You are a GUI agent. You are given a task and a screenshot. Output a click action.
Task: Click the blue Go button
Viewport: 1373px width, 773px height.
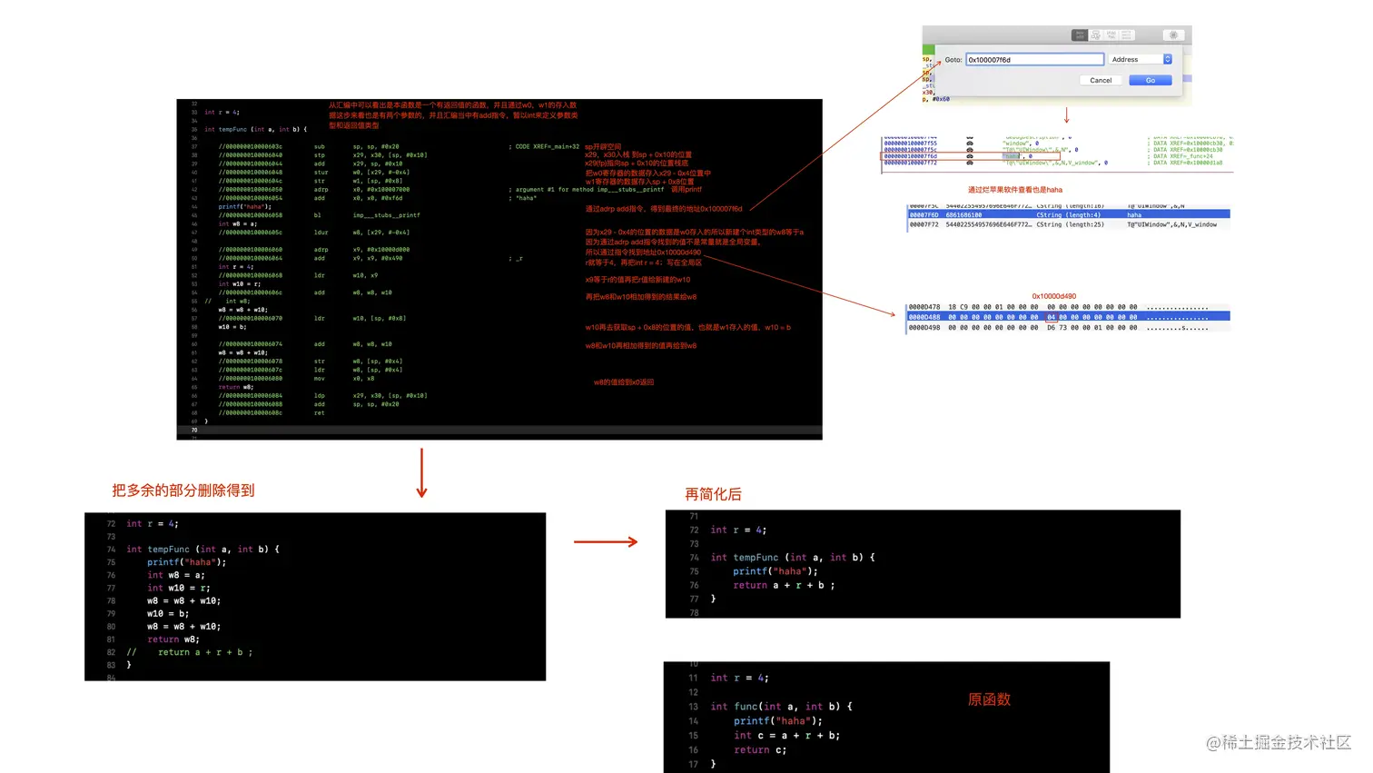(1150, 81)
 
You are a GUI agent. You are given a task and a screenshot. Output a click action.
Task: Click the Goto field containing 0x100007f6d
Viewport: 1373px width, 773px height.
(1034, 60)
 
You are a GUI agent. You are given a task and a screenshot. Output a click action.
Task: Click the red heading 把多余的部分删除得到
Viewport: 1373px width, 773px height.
(183, 491)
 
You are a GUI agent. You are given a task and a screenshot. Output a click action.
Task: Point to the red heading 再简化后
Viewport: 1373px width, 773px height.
(713, 494)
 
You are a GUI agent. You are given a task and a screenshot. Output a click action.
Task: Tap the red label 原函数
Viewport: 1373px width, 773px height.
(989, 699)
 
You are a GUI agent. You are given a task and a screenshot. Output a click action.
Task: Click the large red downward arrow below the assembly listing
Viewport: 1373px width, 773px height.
(421, 472)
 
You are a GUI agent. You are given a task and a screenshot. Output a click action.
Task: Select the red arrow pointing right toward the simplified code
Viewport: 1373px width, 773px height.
(606, 542)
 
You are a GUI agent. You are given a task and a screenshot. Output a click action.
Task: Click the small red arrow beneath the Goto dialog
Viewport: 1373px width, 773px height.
(1066, 116)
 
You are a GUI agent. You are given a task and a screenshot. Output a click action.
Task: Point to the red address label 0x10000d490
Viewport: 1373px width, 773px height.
(1053, 296)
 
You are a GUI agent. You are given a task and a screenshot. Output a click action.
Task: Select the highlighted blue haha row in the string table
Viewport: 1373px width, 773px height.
(1069, 215)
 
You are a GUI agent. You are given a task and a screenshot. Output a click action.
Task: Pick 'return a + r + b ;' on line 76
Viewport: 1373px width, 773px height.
(784, 586)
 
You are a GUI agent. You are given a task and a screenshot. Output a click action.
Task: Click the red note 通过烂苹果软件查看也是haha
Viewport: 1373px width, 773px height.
(1014, 190)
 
